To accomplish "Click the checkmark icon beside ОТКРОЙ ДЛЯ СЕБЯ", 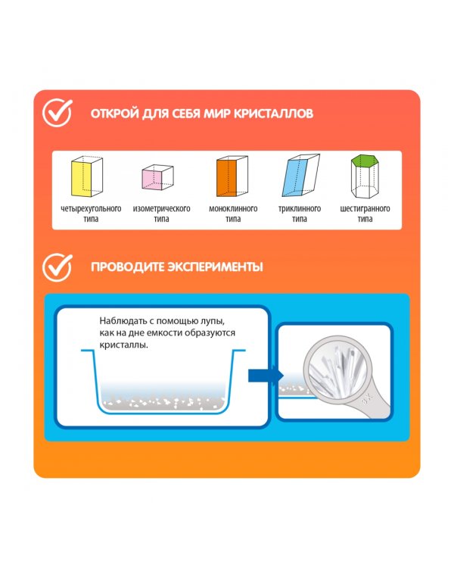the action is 58,113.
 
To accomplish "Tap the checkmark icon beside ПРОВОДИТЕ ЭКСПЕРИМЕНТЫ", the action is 58,267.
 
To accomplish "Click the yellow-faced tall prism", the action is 87,176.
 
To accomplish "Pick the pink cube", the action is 157,176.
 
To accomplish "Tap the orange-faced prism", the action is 232,176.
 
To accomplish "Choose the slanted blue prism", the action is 301,176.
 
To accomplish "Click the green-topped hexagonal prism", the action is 365,176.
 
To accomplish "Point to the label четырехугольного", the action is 91,209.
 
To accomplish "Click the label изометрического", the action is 161,209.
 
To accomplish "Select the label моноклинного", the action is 233,209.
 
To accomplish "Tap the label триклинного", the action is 300,209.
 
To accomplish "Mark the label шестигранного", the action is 365,209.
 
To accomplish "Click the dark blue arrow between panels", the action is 266,376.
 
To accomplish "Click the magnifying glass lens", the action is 337,369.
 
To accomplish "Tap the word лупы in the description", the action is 212,321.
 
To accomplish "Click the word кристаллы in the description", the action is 124,345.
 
